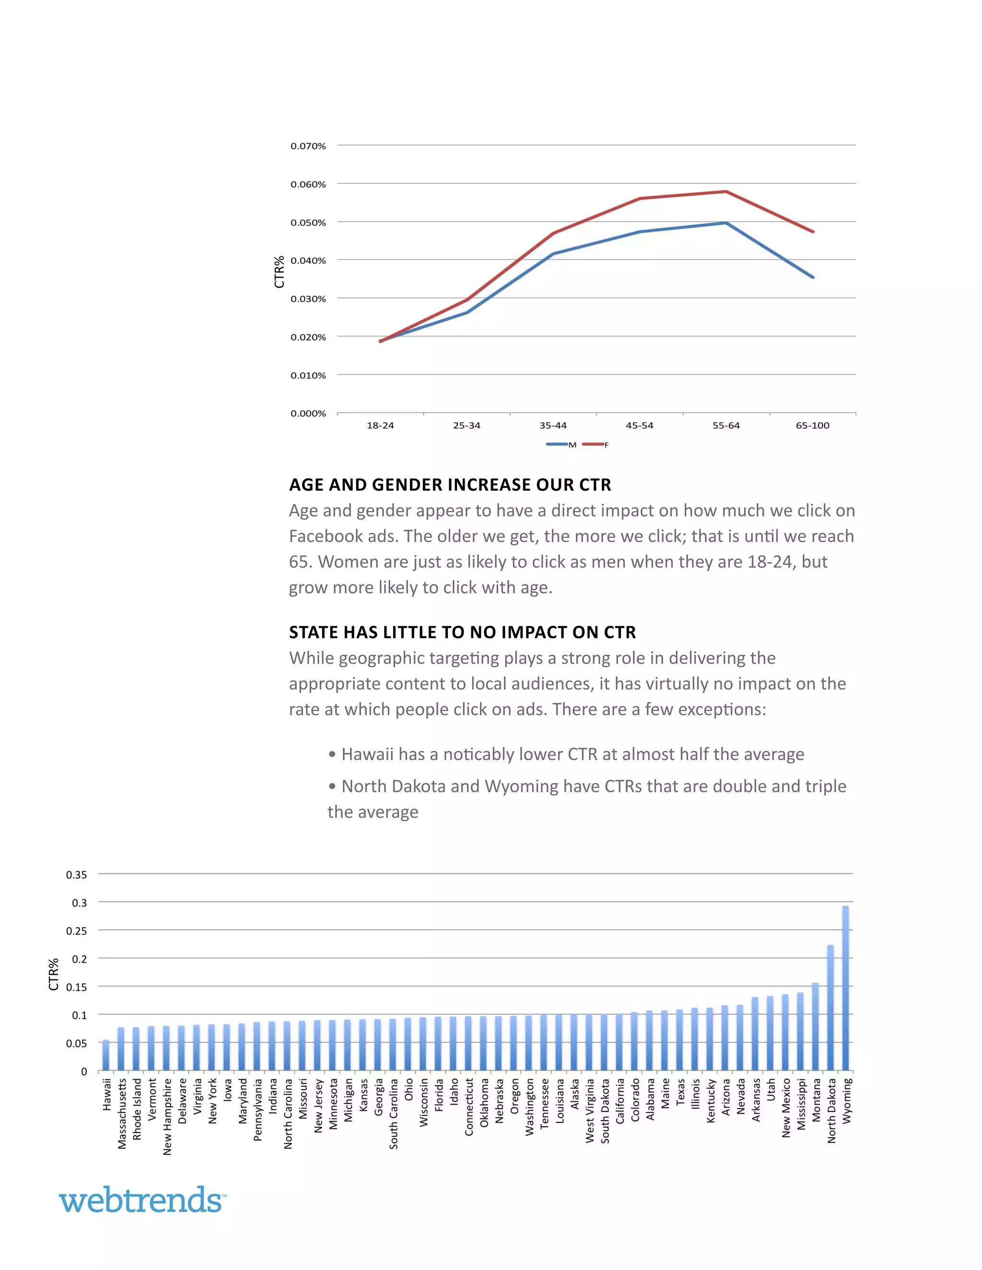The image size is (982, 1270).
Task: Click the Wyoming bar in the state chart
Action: [x=845, y=989]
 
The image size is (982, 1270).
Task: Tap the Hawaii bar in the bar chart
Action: [x=106, y=1056]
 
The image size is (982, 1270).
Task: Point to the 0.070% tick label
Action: [x=308, y=146]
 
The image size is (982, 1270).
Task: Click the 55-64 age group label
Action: [x=726, y=426]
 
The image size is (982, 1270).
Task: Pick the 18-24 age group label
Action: [x=380, y=426]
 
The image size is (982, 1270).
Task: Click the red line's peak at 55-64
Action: [x=726, y=191]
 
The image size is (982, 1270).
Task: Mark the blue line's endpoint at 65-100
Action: [x=813, y=277]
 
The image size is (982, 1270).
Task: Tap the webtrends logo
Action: [x=142, y=1200]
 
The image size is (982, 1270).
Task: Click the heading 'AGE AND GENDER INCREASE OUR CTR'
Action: [x=450, y=485]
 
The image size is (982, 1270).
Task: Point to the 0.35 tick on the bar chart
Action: [x=76, y=875]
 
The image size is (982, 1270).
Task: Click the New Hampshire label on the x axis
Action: [x=167, y=1117]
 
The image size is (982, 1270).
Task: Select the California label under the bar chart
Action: [x=620, y=1101]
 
